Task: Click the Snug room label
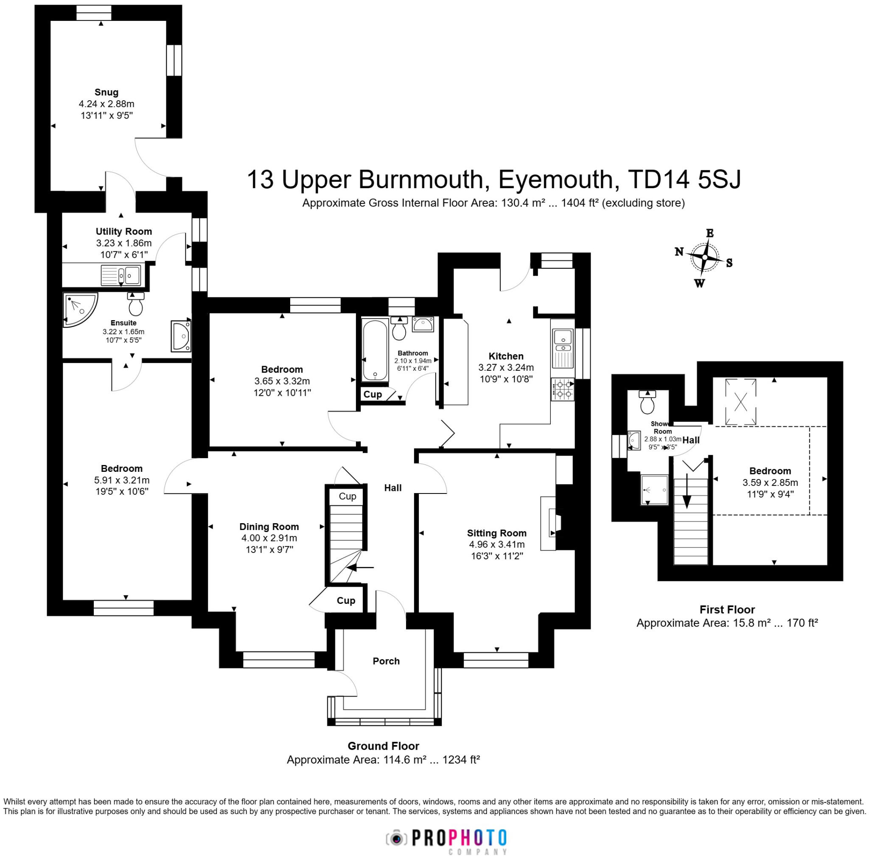107,92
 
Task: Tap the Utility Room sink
121,275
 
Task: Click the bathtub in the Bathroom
375,350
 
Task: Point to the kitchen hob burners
563,389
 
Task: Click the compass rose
704,258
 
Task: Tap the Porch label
386,661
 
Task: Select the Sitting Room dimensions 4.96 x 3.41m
496,544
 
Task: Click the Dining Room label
269,527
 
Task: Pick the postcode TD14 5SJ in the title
684,179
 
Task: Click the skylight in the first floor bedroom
740,401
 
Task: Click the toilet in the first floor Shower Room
647,402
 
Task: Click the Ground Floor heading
383,746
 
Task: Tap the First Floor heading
727,609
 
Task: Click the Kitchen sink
563,342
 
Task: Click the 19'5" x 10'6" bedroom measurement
121,491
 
